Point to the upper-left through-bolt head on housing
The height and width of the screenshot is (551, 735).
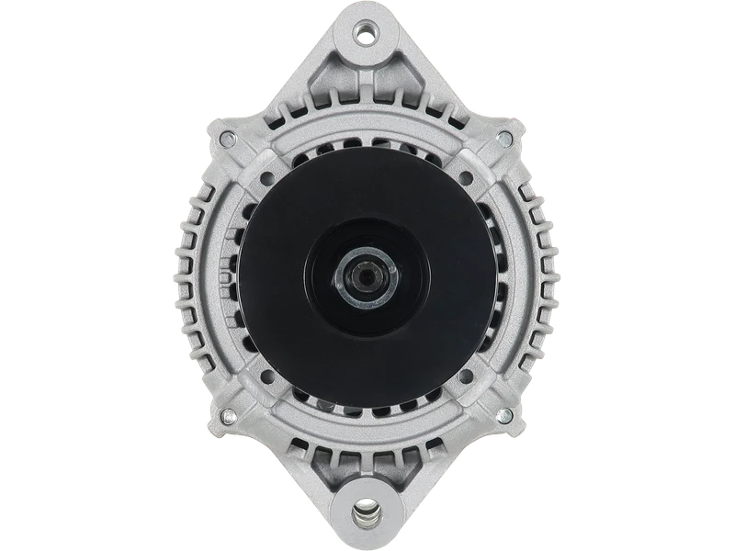coord(226,139)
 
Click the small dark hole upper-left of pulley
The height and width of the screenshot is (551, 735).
coord(266,177)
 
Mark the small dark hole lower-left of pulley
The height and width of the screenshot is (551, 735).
coord(266,375)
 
